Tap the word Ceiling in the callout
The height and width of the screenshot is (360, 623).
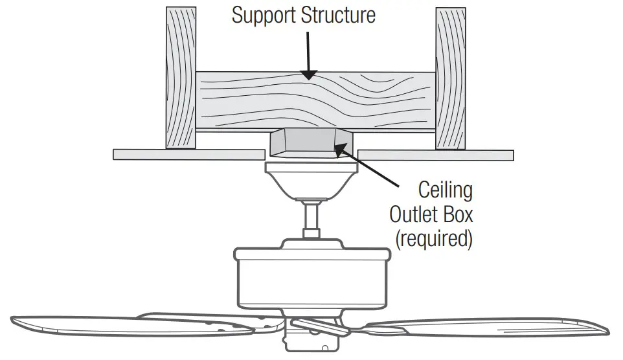point(446,190)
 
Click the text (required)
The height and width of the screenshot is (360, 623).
point(434,238)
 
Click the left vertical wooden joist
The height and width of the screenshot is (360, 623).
point(181,78)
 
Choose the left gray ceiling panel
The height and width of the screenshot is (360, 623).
point(188,155)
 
